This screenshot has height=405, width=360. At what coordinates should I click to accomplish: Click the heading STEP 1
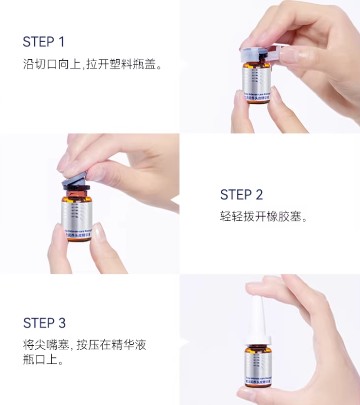pyautogui.click(x=44, y=42)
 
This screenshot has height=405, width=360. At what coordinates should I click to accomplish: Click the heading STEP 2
pyautogui.click(x=242, y=195)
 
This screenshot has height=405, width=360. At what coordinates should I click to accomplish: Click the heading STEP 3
pyautogui.click(x=45, y=323)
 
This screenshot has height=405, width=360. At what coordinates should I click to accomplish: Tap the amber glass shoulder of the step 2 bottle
pyautogui.click(x=76, y=194)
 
